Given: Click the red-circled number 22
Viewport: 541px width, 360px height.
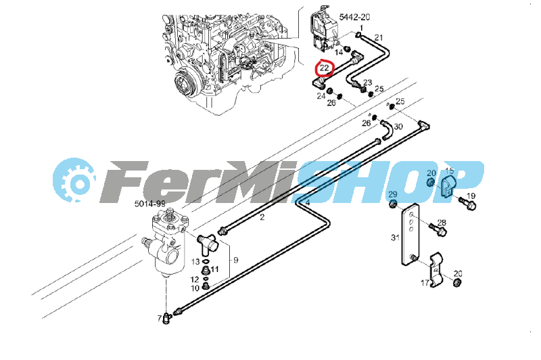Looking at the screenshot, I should tap(325, 68).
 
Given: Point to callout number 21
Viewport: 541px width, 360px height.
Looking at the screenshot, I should tap(379, 37).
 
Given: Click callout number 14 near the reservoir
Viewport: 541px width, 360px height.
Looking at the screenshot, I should tap(339, 52).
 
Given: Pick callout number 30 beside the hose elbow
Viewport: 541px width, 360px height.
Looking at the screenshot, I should tap(398, 127).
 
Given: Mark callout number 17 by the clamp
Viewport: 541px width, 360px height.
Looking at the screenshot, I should tap(425, 284).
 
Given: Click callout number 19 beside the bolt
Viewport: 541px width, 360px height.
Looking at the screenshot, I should tap(472, 196).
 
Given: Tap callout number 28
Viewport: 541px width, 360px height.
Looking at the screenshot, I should tap(442, 223).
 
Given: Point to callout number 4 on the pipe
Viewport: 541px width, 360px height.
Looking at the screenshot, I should tap(307, 202).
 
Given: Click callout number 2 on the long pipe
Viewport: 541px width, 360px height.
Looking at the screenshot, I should tap(262, 217).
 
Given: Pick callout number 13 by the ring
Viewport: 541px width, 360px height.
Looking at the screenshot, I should tap(195, 261).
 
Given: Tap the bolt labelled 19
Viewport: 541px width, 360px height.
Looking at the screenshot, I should tap(463, 202).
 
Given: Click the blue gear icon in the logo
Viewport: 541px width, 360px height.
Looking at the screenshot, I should tap(75, 181).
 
